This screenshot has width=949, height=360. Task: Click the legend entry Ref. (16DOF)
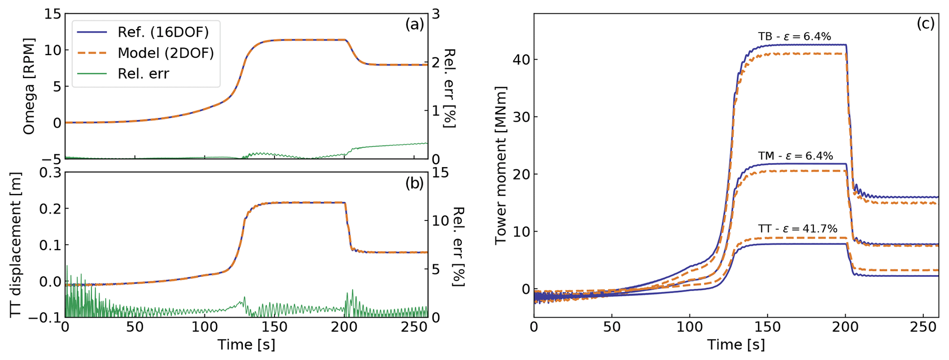[x=163, y=33]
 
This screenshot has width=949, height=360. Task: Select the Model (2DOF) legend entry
[x=166, y=53]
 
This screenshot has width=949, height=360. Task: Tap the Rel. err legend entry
[x=143, y=73]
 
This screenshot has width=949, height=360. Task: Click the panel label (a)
[x=414, y=25]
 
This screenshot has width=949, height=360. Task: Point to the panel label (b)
[x=414, y=184]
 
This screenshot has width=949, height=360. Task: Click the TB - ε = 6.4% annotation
[x=794, y=37]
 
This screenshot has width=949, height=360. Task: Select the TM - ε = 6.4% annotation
[x=795, y=156]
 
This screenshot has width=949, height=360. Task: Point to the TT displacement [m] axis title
[x=17, y=245]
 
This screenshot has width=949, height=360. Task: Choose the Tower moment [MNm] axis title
[x=500, y=165]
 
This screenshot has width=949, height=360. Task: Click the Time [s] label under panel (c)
[x=736, y=345]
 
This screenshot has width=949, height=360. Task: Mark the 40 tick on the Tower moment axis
[x=519, y=60]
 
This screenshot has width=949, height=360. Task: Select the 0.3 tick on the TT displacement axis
[x=51, y=173]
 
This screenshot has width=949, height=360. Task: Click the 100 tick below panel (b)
[x=204, y=327]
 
